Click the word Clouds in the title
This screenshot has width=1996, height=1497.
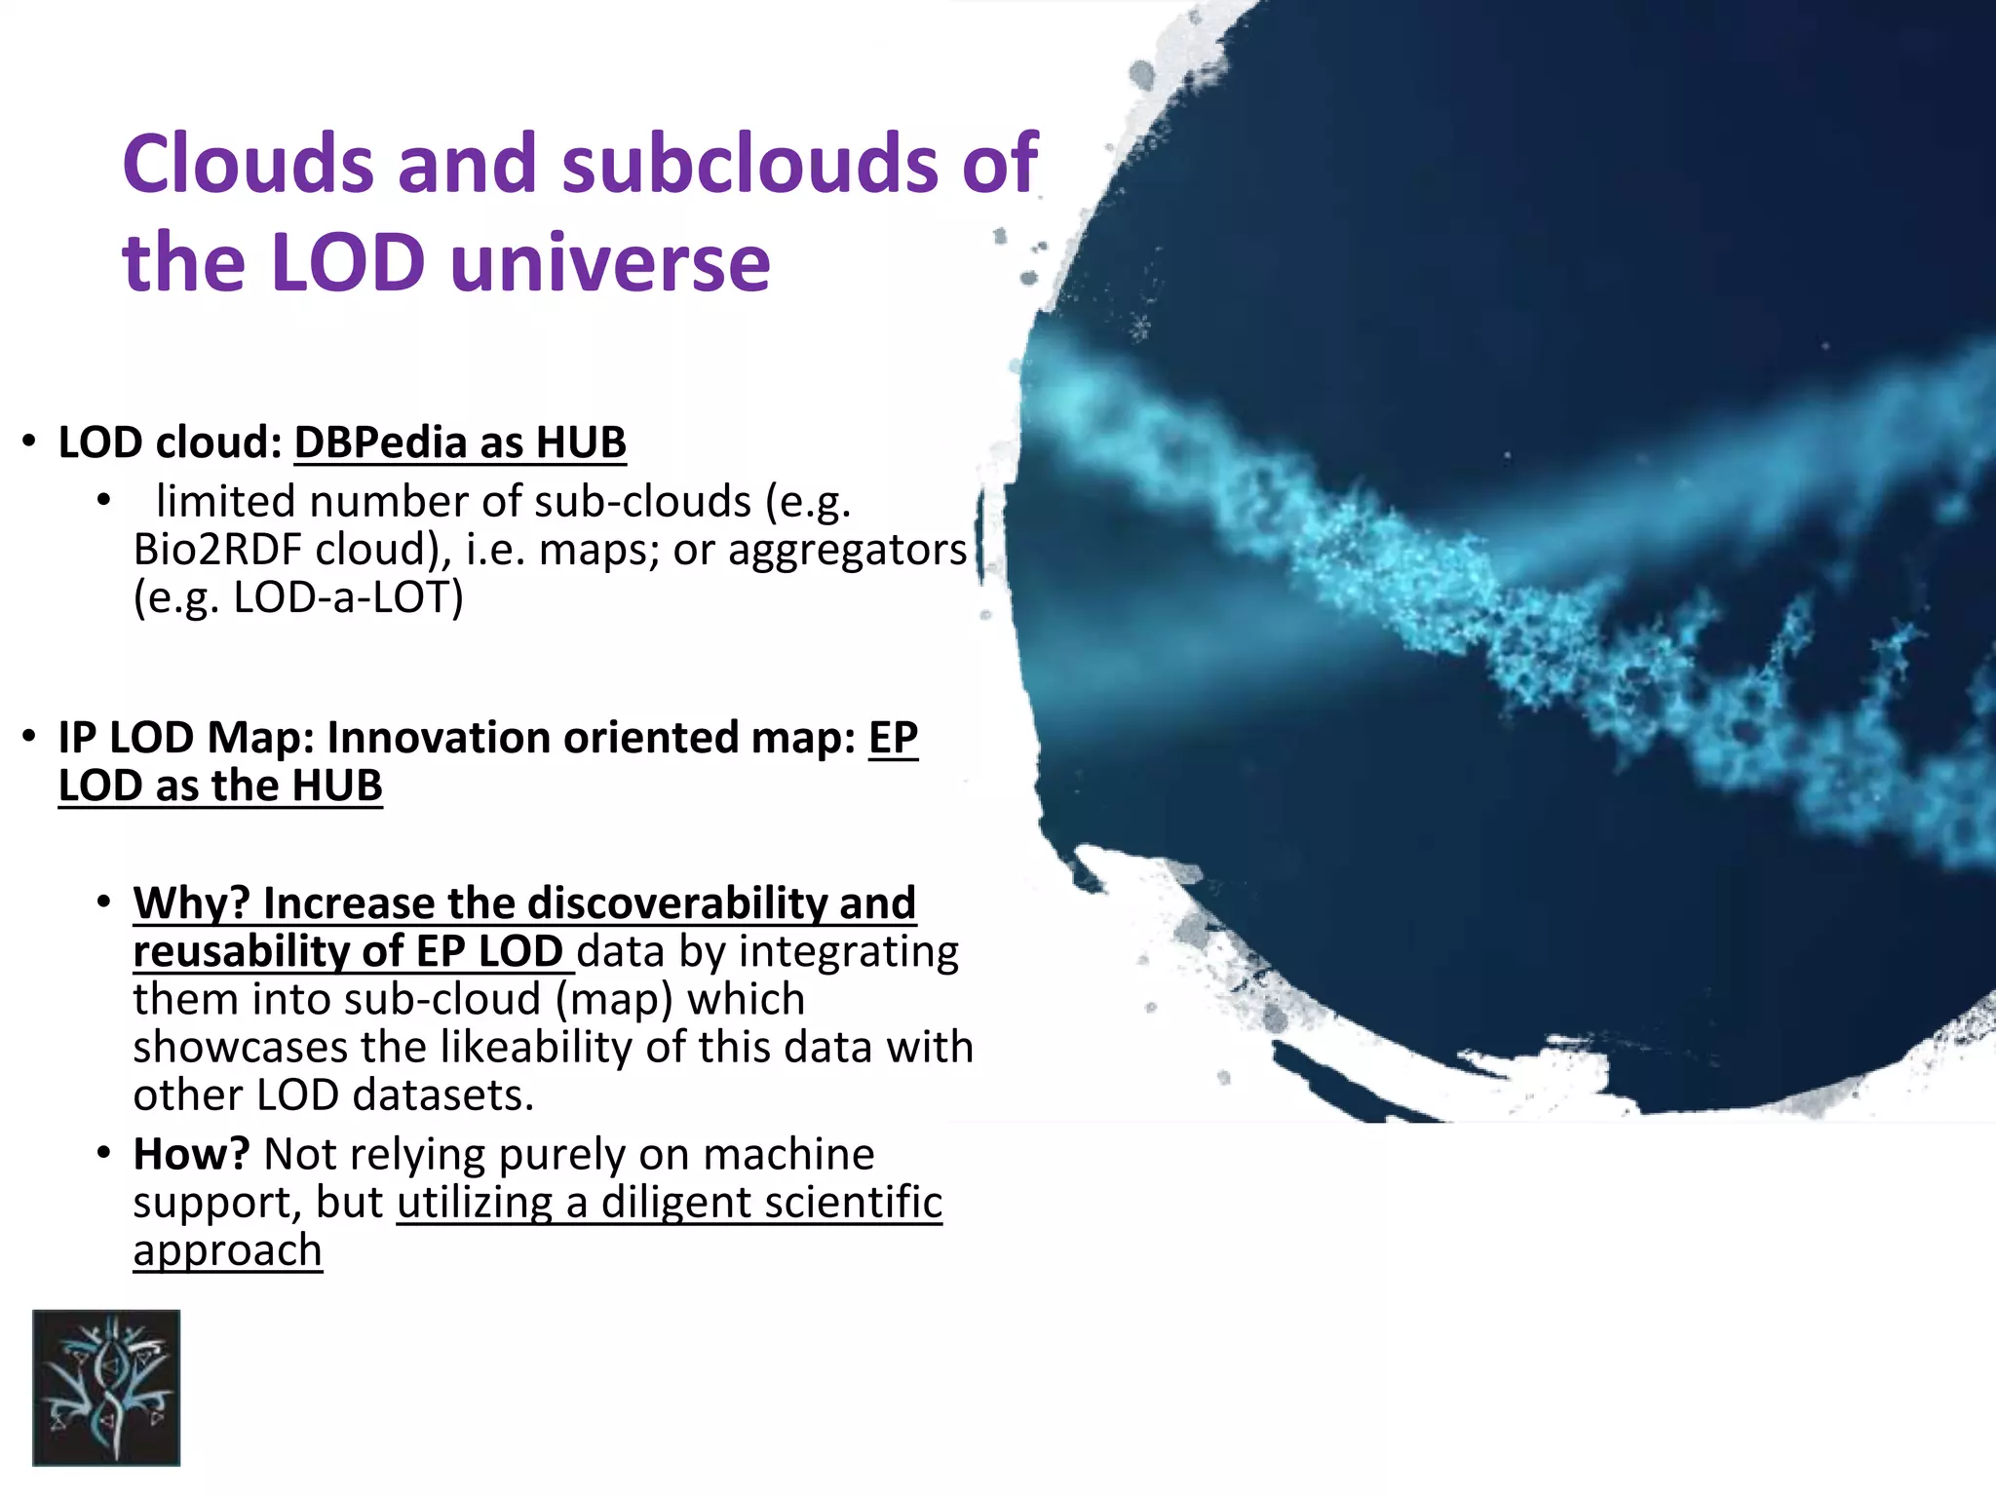248,164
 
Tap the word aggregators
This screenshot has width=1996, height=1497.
847,550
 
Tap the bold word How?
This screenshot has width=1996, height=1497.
191,1155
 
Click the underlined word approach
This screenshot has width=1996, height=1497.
227,1250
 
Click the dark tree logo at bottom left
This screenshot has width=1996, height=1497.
106,1387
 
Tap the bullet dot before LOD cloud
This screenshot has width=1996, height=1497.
30,442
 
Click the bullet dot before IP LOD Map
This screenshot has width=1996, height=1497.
30,738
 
